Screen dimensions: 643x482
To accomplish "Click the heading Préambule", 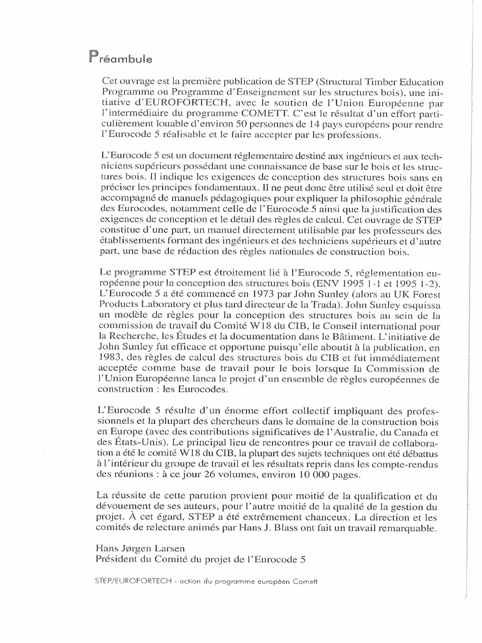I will point(123,59).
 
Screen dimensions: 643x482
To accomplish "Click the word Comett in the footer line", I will point(306,581).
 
